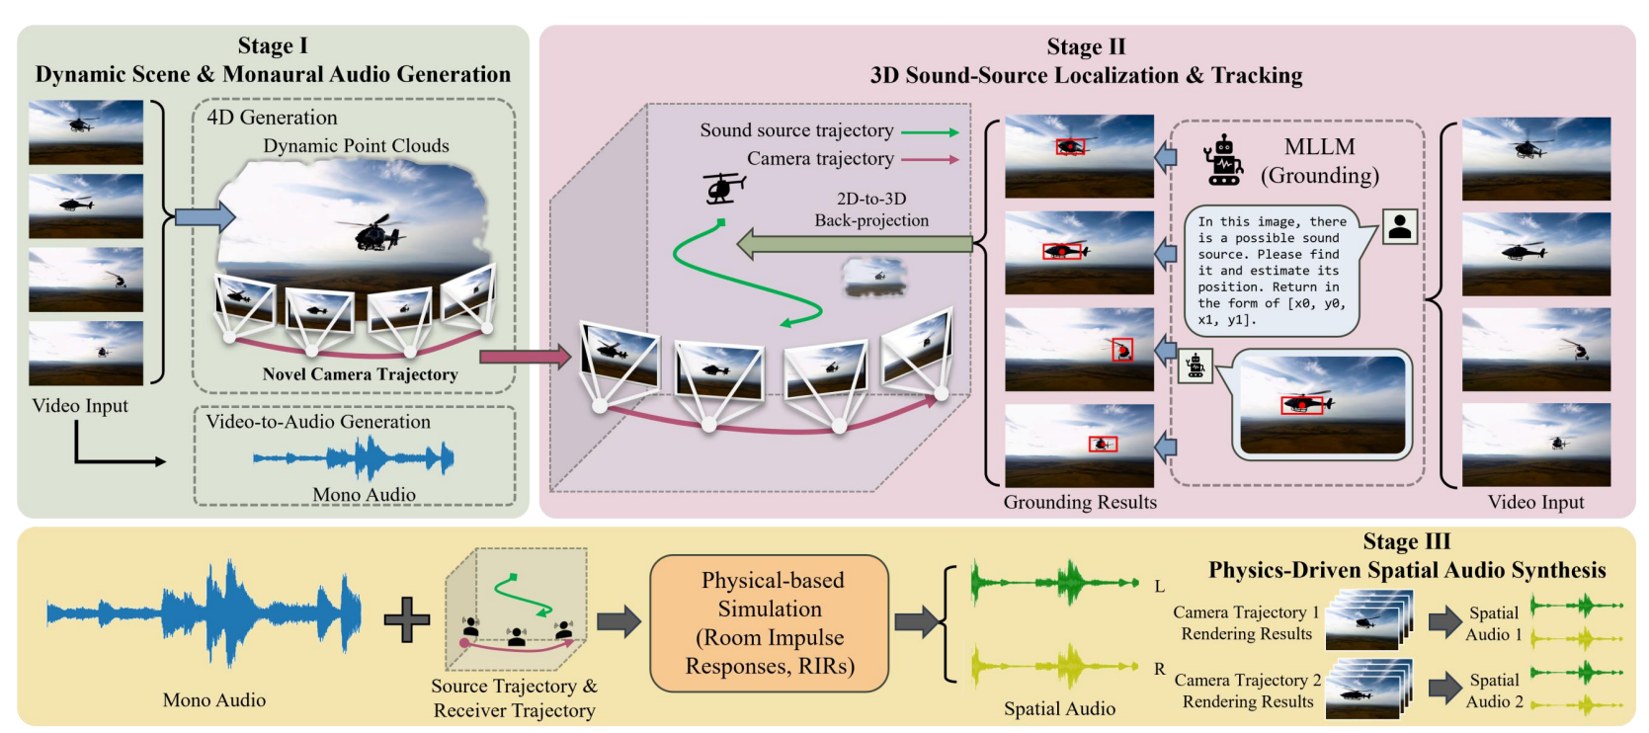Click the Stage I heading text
point(273,46)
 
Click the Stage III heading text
point(1406,541)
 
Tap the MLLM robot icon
point(1223,161)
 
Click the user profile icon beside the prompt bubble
point(1399,227)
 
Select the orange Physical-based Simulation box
point(770,622)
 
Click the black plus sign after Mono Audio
point(406,620)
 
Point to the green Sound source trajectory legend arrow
point(930,132)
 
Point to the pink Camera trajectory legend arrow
point(930,160)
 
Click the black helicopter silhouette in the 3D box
point(723,188)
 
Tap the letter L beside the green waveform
point(1160,587)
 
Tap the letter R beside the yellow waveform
point(1160,669)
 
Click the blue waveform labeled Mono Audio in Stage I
point(354,458)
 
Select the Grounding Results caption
point(1080,502)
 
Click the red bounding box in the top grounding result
point(1070,147)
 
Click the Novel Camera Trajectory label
point(360,374)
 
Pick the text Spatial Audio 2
point(1494,691)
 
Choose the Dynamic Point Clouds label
point(356,146)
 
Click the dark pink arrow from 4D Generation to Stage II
point(525,357)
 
